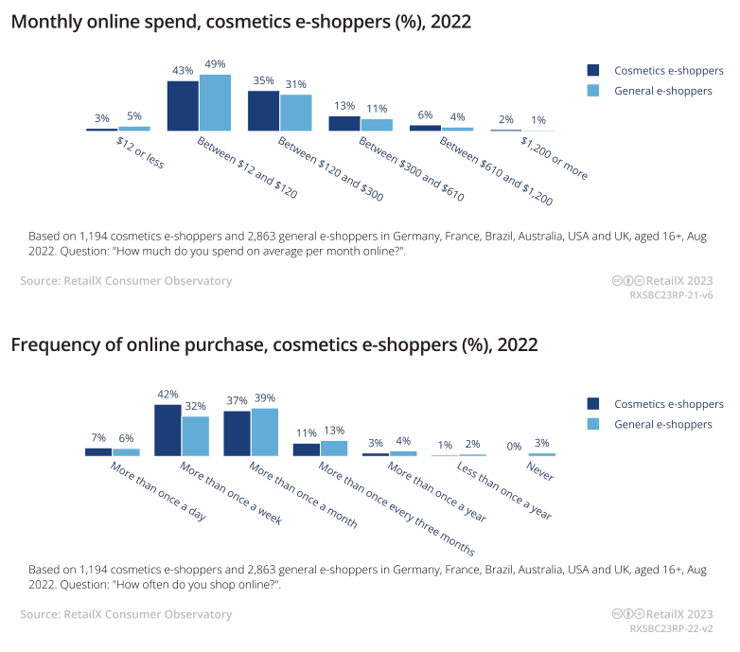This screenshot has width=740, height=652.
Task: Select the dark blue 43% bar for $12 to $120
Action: point(183,105)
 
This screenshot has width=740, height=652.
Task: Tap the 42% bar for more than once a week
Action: point(167,430)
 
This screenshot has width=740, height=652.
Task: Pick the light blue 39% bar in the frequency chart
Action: point(265,432)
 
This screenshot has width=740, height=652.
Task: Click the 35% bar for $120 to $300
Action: point(263,110)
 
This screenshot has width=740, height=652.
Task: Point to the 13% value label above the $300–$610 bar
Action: point(344,105)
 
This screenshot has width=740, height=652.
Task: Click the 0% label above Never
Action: point(515,446)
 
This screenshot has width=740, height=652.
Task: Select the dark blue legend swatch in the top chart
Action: point(593,70)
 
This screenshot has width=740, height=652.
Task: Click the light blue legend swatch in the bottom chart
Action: point(593,424)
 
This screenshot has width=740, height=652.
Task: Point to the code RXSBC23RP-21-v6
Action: point(671,295)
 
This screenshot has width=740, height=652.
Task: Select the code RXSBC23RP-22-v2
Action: point(671,628)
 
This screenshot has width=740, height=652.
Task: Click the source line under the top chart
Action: point(126,280)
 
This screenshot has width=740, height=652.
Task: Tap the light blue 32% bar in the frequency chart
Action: point(196,436)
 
